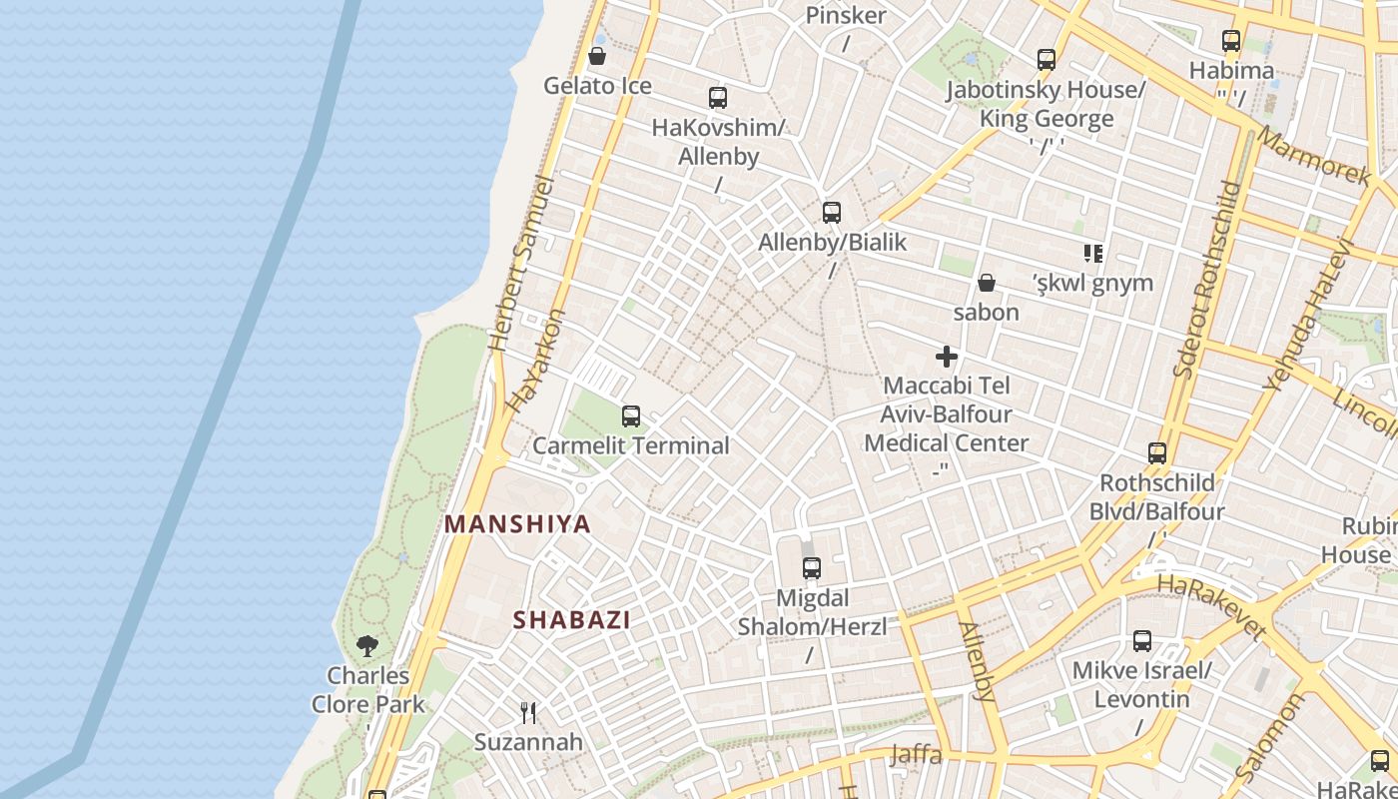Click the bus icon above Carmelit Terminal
pyautogui.click(x=631, y=416)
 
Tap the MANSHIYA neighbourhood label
pyautogui.click(x=517, y=523)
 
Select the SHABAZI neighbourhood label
pyautogui.click(x=572, y=619)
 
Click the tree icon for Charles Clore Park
pyautogui.click(x=367, y=646)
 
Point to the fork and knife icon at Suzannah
pyautogui.click(x=528, y=712)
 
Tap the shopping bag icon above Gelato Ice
pyautogui.click(x=597, y=56)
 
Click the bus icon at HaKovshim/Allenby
pyautogui.click(x=718, y=98)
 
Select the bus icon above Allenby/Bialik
pyautogui.click(x=832, y=212)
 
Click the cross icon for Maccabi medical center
pyautogui.click(x=947, y=357)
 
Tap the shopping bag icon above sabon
pyautogui.click(x=987, y=284)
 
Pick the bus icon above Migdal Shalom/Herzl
pyautogui.click(x=812, y=568)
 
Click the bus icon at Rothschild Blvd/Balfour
pyautogui.click(x=1157, y=453)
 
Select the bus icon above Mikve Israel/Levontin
pyautogui.click(x=1142, y=641)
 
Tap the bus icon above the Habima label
pyautogui.click(x=1231, y=41)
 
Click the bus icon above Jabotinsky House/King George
pyautogui.click(x=1047, y=60)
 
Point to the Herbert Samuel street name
pyautogui.click(x=520, y=264)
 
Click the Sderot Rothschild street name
pyautogui.click(x=1205, y=280)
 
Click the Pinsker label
pyautogui.click(x=846, y=15)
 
